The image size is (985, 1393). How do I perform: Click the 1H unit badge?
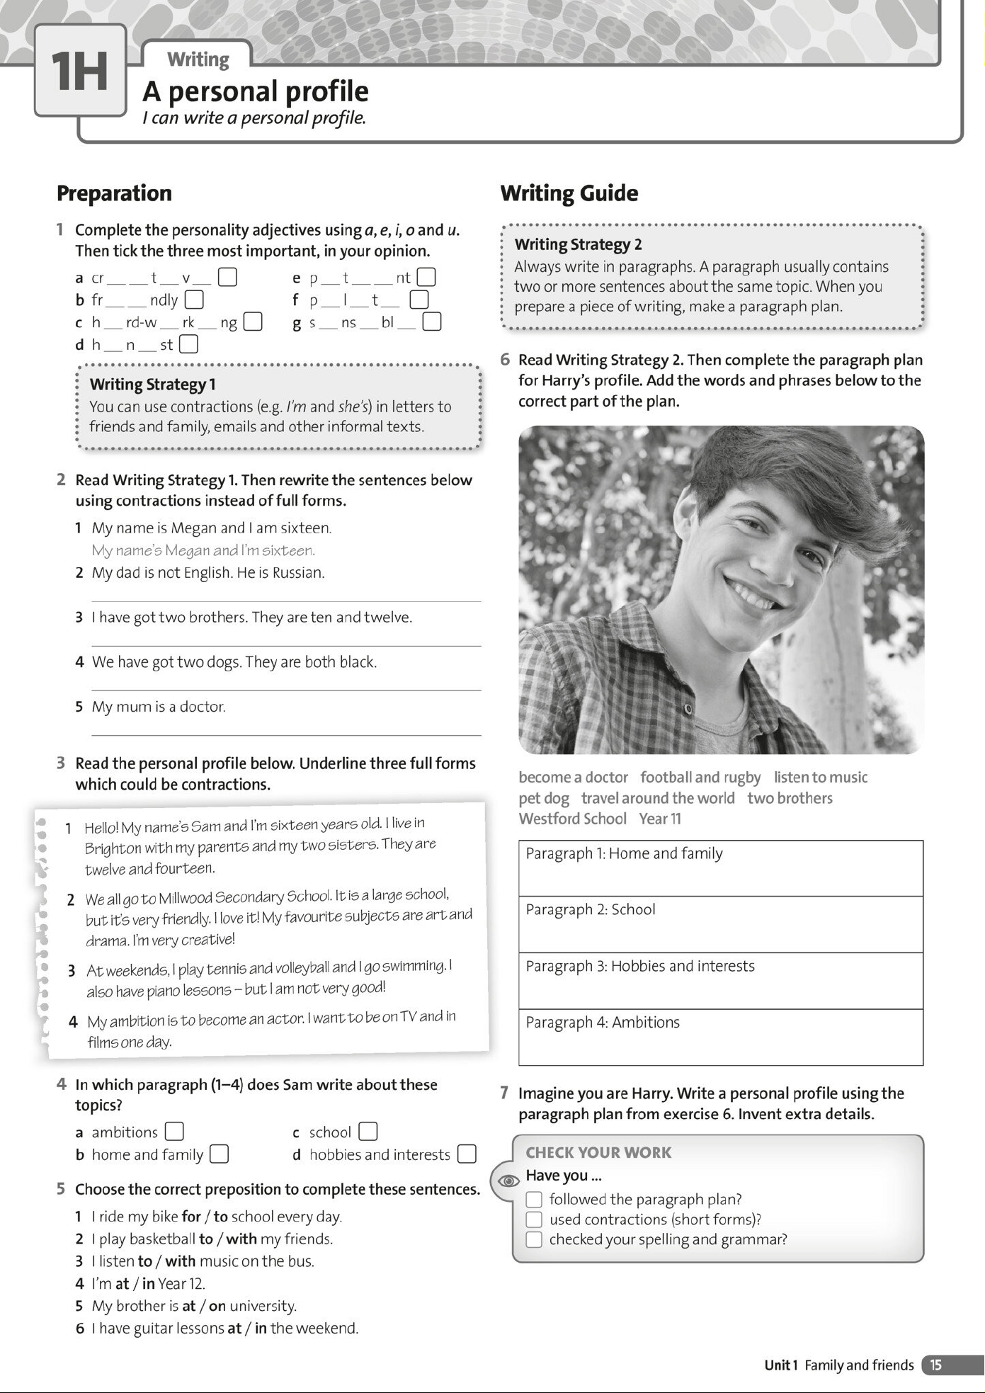79,71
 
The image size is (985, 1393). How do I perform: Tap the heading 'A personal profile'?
255,91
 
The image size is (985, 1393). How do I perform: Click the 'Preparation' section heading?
114,193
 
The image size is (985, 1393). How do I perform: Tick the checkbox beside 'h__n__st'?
189,345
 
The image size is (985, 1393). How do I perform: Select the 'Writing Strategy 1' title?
152,385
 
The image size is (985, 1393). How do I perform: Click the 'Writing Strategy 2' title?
578,244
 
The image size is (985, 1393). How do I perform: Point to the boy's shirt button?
688,709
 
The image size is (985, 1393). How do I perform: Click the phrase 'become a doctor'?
573,778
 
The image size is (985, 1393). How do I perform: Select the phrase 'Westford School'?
572,819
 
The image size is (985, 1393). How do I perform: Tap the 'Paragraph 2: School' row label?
591,909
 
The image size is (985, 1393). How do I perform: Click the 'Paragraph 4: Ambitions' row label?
603,1023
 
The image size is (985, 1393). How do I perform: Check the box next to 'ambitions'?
174,1132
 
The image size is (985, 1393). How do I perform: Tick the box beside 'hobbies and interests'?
467,1154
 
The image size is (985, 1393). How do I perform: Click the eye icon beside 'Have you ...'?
508,1181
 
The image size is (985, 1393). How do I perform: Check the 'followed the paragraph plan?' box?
534,1200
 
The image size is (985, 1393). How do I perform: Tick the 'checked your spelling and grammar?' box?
534,1239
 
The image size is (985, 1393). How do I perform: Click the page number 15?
936,1365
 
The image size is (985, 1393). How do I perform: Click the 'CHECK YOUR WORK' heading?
598,1152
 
